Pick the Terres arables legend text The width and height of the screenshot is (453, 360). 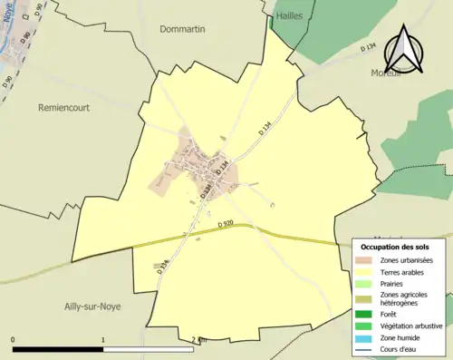click(404, 272)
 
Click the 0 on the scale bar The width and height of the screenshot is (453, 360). click(14, 340)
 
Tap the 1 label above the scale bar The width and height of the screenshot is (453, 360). click(103, 340)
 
